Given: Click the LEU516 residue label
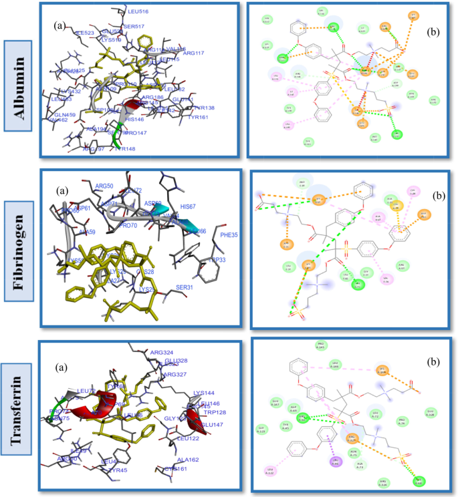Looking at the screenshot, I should tap(136, 11).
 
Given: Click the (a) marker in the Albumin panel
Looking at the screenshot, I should tap(60, 26).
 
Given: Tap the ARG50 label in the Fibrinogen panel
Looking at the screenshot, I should tap(105, 186).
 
